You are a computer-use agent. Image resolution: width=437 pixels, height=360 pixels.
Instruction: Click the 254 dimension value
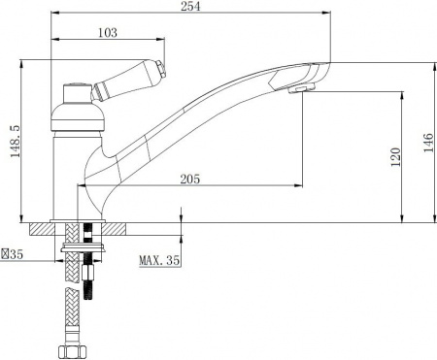[190, 6]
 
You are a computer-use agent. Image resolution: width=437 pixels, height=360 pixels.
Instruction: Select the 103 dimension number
[108, 33]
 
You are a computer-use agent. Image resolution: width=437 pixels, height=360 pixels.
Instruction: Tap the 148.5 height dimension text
[16, 142]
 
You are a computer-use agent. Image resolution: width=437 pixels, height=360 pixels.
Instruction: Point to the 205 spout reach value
[190, 179]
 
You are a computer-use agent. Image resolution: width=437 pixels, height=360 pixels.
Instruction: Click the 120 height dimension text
[395, 157]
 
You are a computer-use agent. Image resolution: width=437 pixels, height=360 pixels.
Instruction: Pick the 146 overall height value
[427, 143]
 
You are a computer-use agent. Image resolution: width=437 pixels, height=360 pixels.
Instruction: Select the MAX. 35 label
[159, 260]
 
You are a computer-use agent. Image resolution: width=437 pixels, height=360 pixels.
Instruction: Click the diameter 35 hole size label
[13, 254]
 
